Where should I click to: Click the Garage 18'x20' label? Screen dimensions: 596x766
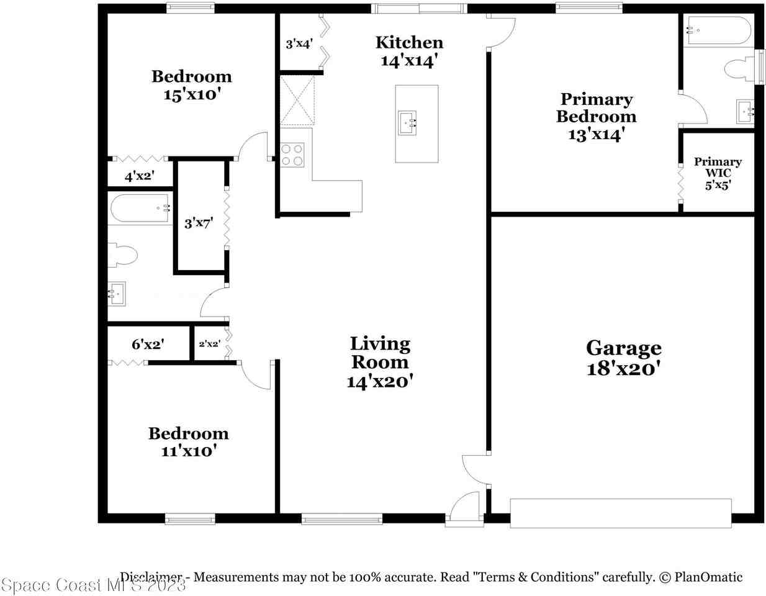623,358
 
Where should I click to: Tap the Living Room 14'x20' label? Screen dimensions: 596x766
380,362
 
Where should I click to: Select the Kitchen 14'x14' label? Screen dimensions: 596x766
409,51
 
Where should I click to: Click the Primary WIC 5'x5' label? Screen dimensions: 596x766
718,173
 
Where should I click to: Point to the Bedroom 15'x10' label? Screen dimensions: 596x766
192,85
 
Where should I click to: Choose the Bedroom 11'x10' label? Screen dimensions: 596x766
188,442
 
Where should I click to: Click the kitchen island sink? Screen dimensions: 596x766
407,122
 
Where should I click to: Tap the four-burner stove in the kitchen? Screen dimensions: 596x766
292,155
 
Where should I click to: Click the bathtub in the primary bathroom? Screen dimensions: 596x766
717,30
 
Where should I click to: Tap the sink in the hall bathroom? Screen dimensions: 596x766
117,294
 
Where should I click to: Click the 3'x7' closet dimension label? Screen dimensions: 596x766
199,223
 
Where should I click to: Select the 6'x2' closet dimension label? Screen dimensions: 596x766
147,344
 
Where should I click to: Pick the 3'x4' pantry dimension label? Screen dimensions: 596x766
299,44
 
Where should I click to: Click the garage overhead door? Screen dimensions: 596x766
621,513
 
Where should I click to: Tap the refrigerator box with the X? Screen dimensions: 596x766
297,100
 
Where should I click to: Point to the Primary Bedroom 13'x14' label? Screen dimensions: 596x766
596,117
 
